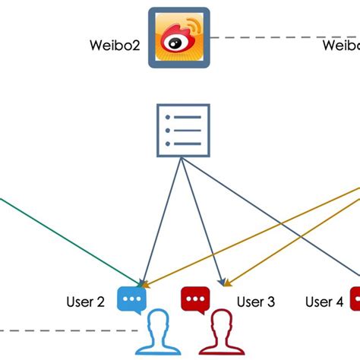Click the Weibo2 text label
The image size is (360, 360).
(112, 46)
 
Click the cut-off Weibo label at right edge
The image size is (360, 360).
(340, 46)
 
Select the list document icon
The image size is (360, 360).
(182, 131)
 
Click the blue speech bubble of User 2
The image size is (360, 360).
(131, 298)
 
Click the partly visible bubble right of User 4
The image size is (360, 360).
(355, 298)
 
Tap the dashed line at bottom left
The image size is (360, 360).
(61, 331)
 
